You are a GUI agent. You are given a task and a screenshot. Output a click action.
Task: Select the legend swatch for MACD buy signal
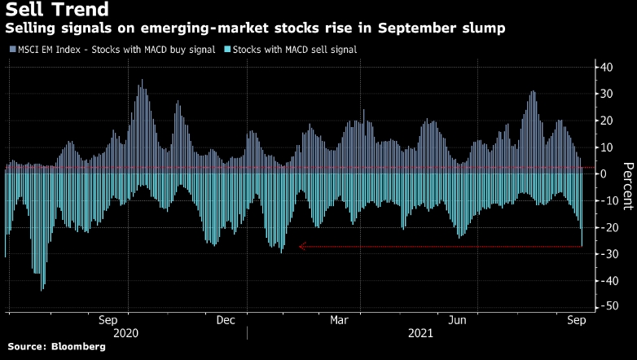(x=11, y=50)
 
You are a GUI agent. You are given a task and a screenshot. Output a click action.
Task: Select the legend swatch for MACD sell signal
(x=226, y=50)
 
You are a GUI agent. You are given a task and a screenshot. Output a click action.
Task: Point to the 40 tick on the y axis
(x=606, y=67)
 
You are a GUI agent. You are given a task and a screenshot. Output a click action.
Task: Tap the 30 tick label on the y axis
(x=606, y=94)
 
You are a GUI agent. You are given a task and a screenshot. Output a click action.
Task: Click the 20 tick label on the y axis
(x=606, y=121)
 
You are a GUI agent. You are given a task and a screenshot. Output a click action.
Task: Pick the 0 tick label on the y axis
(x=603, y=174)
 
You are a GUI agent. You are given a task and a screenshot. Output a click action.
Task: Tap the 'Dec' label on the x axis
(x=226, y=320)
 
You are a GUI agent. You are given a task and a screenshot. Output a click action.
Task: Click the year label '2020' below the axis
(x=128, y=333)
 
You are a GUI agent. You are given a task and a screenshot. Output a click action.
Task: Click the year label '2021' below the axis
(x=420, y=333)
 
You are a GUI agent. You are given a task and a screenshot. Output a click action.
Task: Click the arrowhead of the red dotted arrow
(x=302, y=246)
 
